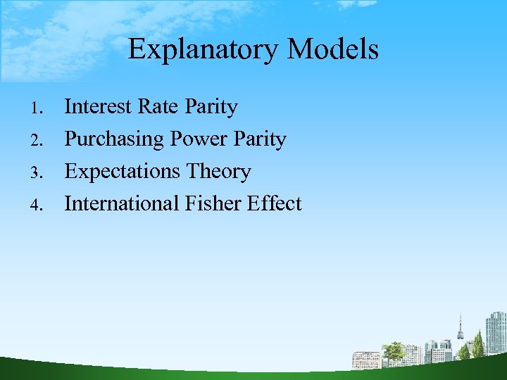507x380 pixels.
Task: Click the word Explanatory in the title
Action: pos(204,50)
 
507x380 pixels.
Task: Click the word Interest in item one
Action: pos(99,107)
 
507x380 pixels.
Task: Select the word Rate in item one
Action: pos(159,107)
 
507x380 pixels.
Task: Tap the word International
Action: pos(122,204)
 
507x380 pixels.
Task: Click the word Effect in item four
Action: pos(275,204)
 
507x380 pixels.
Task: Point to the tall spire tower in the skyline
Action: pos(461,331)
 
